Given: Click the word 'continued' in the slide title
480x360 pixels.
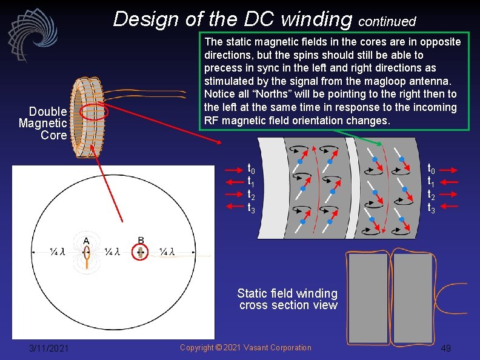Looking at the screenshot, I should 387,22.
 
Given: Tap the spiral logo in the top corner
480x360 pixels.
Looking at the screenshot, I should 32,35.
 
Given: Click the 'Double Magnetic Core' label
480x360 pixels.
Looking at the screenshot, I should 43,123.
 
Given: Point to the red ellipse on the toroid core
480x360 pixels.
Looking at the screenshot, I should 94,112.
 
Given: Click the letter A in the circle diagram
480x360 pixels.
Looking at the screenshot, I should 87,241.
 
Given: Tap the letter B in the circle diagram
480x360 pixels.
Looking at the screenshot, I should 141,241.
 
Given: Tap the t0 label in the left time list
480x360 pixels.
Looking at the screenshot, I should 251,169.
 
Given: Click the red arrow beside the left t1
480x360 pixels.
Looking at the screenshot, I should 235,182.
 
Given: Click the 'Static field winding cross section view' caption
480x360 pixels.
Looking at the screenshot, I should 288,299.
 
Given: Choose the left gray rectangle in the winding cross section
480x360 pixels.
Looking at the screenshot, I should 368,298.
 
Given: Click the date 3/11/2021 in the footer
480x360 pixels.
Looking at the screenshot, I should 49,348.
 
